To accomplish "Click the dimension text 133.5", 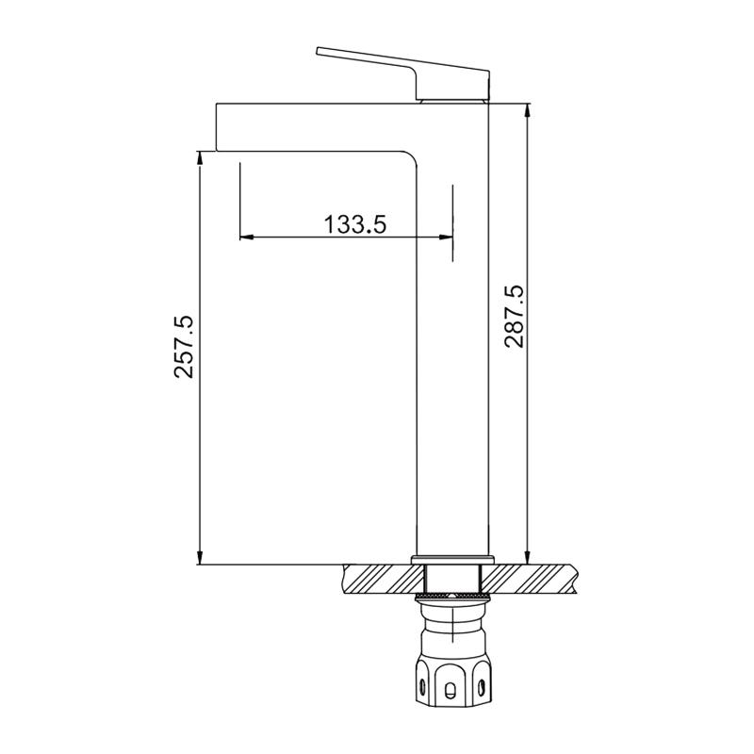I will point(355,224).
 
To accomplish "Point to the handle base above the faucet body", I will point(453,97).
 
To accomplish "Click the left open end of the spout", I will point(220,126).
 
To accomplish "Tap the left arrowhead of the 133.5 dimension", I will point(246,237).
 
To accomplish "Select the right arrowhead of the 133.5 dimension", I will point(446,237).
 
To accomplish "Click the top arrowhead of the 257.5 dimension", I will point(199,158).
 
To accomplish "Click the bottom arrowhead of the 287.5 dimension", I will point(528,549).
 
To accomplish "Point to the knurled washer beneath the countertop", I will point(452,597).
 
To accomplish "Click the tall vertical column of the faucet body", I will point(452,330).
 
